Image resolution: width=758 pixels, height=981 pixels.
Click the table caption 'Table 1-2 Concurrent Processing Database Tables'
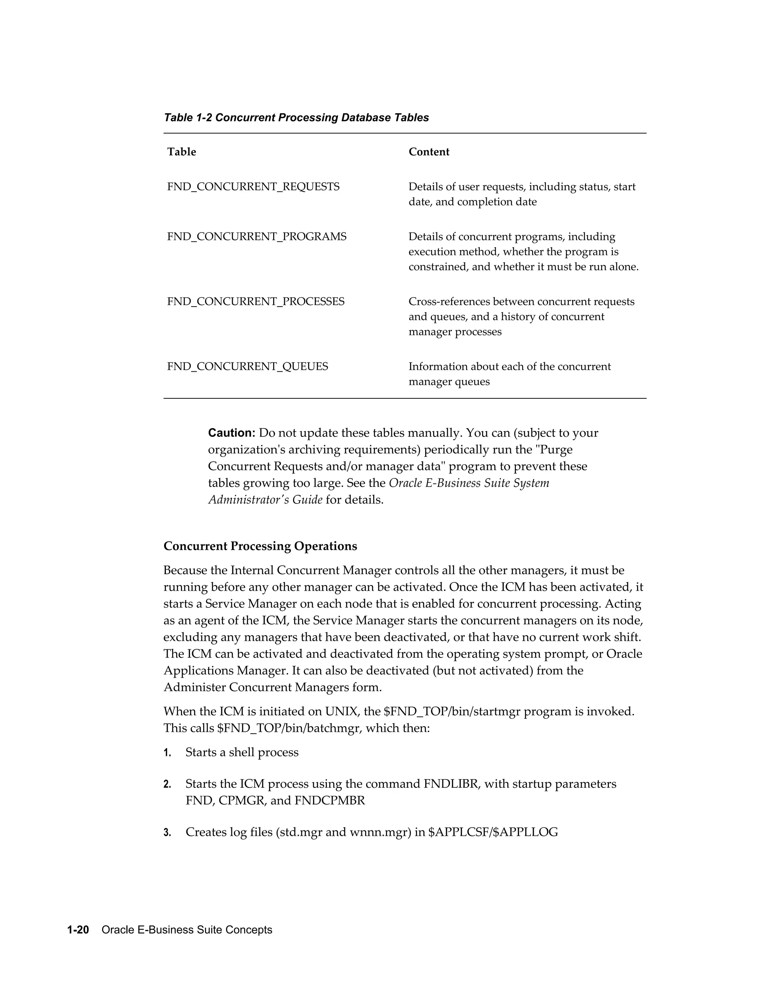(x=296, y=118)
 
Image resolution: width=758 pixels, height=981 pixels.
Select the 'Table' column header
(x=181, y=152)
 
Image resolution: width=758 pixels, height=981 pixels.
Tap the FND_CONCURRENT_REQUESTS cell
(x=253, y=187)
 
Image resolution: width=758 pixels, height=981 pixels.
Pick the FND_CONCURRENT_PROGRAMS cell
(x=256, y=237)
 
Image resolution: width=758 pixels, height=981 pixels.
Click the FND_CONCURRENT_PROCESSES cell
(x=255, y=301)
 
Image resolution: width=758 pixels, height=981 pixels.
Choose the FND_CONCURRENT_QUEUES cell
(x=248, y=366)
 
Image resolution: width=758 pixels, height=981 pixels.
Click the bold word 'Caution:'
(x=231, y=433)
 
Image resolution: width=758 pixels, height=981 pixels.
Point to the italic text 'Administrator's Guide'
(x=265, y=499)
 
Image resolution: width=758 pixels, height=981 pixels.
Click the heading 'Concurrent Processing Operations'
(x=260, y=546)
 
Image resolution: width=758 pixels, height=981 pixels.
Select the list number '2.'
(x=168, y=784)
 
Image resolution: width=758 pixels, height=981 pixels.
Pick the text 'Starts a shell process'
(x=242, y=752)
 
